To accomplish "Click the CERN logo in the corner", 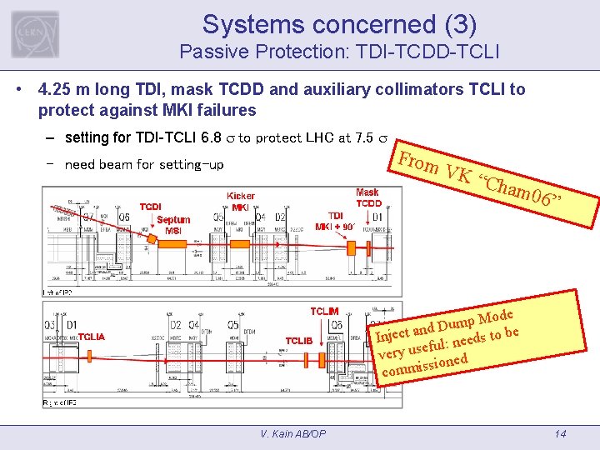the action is coord(35,34).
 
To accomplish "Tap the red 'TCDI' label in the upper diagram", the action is coord(151,206).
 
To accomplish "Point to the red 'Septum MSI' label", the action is coord(173,225).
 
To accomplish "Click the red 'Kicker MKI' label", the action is coord(241,202).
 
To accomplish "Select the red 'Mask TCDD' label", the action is coord(368,197).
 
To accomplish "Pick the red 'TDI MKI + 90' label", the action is coord(336,220).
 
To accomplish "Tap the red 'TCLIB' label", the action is coord(299,341).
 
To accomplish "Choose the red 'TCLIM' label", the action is coord(324,311).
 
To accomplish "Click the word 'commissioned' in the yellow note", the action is coord(422,364).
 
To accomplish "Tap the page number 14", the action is coord(560,433).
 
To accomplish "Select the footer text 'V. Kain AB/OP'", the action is coord(292,433).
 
